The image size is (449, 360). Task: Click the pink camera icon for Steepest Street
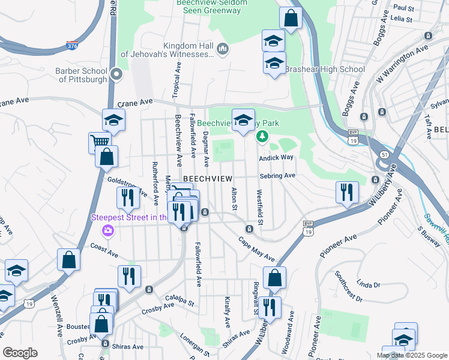pyautogui.click(x=108, y=230)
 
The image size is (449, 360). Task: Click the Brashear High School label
pyautogui.click(x=325, y=69)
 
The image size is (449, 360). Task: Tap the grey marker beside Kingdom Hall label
pyautogui.click(x=223, y=49)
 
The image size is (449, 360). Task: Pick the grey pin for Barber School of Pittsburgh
pyautogui.click(x=116, y=74)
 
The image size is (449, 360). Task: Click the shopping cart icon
pyautogui.click(x=100, y=143)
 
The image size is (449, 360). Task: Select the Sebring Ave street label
pyautogui.click(x=277, y=176)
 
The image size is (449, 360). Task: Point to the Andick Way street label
pyautogui.click(x=276, y=158)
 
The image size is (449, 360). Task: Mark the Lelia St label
pyautogui.click(x=402, y=19)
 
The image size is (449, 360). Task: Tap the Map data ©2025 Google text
pyautogui.click(x=411, y=355)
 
